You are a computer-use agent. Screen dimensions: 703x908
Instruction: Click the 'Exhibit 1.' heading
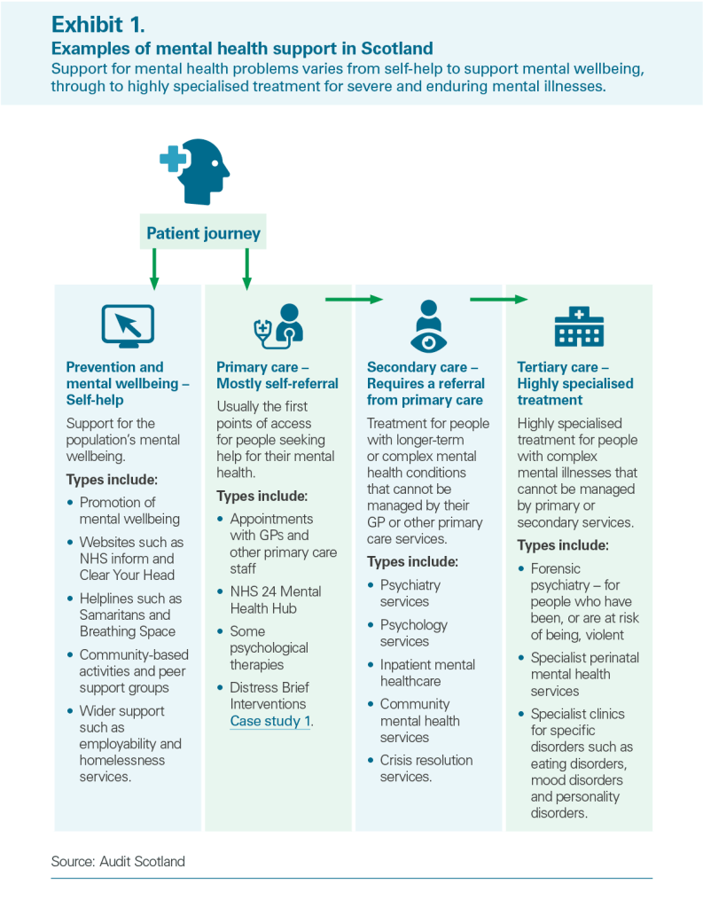pyautogui.click(x=98, y=24)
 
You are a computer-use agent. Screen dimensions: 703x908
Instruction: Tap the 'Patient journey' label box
pyautogui.click(x=203, y=232)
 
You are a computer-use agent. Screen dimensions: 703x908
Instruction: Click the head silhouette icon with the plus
pyautogui.click(x=194, y=171)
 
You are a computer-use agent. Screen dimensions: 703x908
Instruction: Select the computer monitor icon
pyautogui.click(x=128, y=326)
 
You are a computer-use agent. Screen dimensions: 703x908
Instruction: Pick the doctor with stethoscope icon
pyautogui.click(x=279, y=326)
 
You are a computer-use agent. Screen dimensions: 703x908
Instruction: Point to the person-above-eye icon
pyautogui.click(x=428, y=326)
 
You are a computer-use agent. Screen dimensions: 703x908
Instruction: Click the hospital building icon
pyautogui.click(x=579, y=326)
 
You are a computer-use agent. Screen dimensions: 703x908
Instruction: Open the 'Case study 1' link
pyautogui.click(x=270, y=721)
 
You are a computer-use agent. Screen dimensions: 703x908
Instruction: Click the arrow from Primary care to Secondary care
pyautogui.click(x=355, y=300)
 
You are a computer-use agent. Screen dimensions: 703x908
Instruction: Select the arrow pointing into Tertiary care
pyautogui.click(x=498, y=300)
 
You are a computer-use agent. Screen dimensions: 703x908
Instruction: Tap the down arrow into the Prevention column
pyautogui.click(x=154, y=270)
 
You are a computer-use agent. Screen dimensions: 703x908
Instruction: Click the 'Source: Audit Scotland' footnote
pyautogui.click(x=118, y=861)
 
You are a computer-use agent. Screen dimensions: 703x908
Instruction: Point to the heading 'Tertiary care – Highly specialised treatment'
pyautogui.click(x=575, y=383)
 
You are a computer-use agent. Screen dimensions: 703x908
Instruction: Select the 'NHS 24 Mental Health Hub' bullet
pyautogui.click(x=275, y=600)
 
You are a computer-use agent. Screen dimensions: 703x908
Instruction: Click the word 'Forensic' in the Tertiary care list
pyautogui.click(x=555, y=568)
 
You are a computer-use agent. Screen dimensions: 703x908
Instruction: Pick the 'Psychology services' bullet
pyautogui.click(x=413, y=633)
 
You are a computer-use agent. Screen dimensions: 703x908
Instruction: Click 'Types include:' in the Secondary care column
pyautogui.click(x=412, y=561)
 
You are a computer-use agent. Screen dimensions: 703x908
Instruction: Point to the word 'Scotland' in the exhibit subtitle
pyautogui.click(x=397, y=48)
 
